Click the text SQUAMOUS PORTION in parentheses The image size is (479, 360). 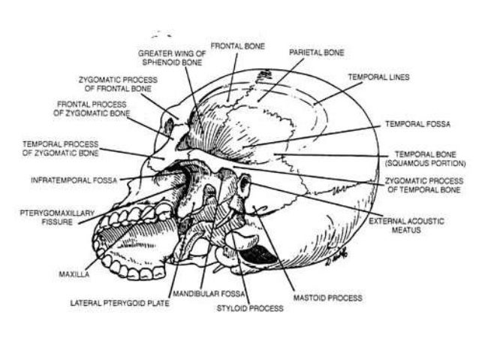(424, 162)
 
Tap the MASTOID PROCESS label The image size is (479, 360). (328, 298)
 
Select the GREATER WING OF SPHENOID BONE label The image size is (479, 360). (172, 59)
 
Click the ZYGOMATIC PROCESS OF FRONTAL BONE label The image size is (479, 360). (115, 83)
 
